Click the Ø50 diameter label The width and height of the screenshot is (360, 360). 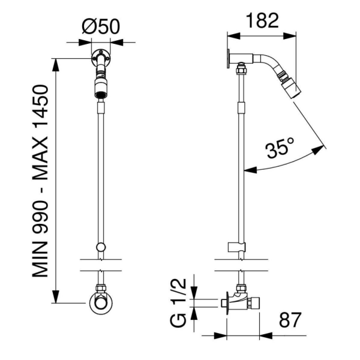(101, 26)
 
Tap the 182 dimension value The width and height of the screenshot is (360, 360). (262, 20)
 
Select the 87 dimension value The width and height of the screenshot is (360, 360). (290, 320)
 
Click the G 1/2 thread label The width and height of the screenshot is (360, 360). (178, 303)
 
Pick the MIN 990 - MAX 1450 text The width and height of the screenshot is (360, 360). (40, 181)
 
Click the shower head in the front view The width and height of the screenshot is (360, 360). (101, 88)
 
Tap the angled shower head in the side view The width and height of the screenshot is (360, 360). (290, 86)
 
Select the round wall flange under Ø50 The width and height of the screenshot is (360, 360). (101, 58)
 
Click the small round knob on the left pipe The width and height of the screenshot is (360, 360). (101, 247)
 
